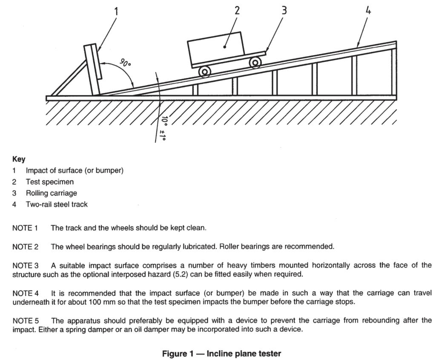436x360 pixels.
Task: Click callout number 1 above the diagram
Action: pyautogui.click(x=116, y=12)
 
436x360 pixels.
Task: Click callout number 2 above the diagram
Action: pyautogui.click(x=237, y=10)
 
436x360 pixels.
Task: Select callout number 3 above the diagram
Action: pyautogui.click(x=284, y=10)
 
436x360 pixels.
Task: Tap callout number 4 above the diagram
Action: pyautogui.click(x=368, y=11)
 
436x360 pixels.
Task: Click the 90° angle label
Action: pyautogui.click(x=125, y=63)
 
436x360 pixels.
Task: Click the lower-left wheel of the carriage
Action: pyautogui.click(x=205, y=72)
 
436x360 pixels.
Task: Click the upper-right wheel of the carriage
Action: pyautogui.click(x=255, y=63)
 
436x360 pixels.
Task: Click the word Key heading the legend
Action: pyautogui.click(x=19, y=159)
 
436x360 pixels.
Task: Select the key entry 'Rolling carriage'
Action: pyautogui.click(x=52, y=193)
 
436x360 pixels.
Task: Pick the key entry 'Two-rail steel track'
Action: pyautogui.click(x=57, y=204)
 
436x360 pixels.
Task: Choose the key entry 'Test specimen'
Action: pyautogui.click(x=50, y=182)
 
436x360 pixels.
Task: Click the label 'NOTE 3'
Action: pyautogui.click(x=26, y=266)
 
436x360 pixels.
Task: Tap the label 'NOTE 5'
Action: pyautogui.click(x=26, y=321)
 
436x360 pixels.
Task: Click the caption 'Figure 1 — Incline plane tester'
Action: pyautogui.click(x=221, y=354)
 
